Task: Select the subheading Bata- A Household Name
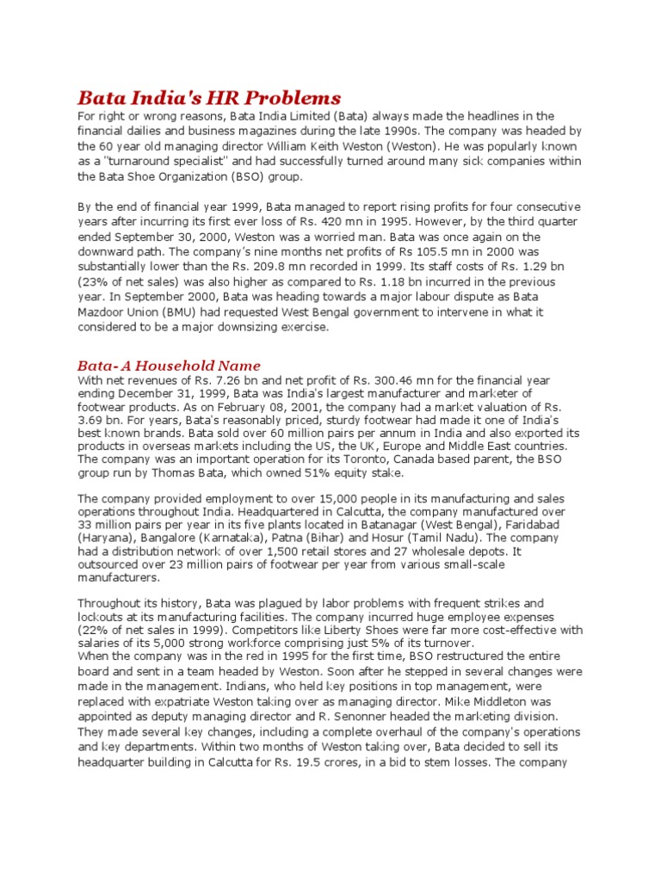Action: point(169,366)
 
